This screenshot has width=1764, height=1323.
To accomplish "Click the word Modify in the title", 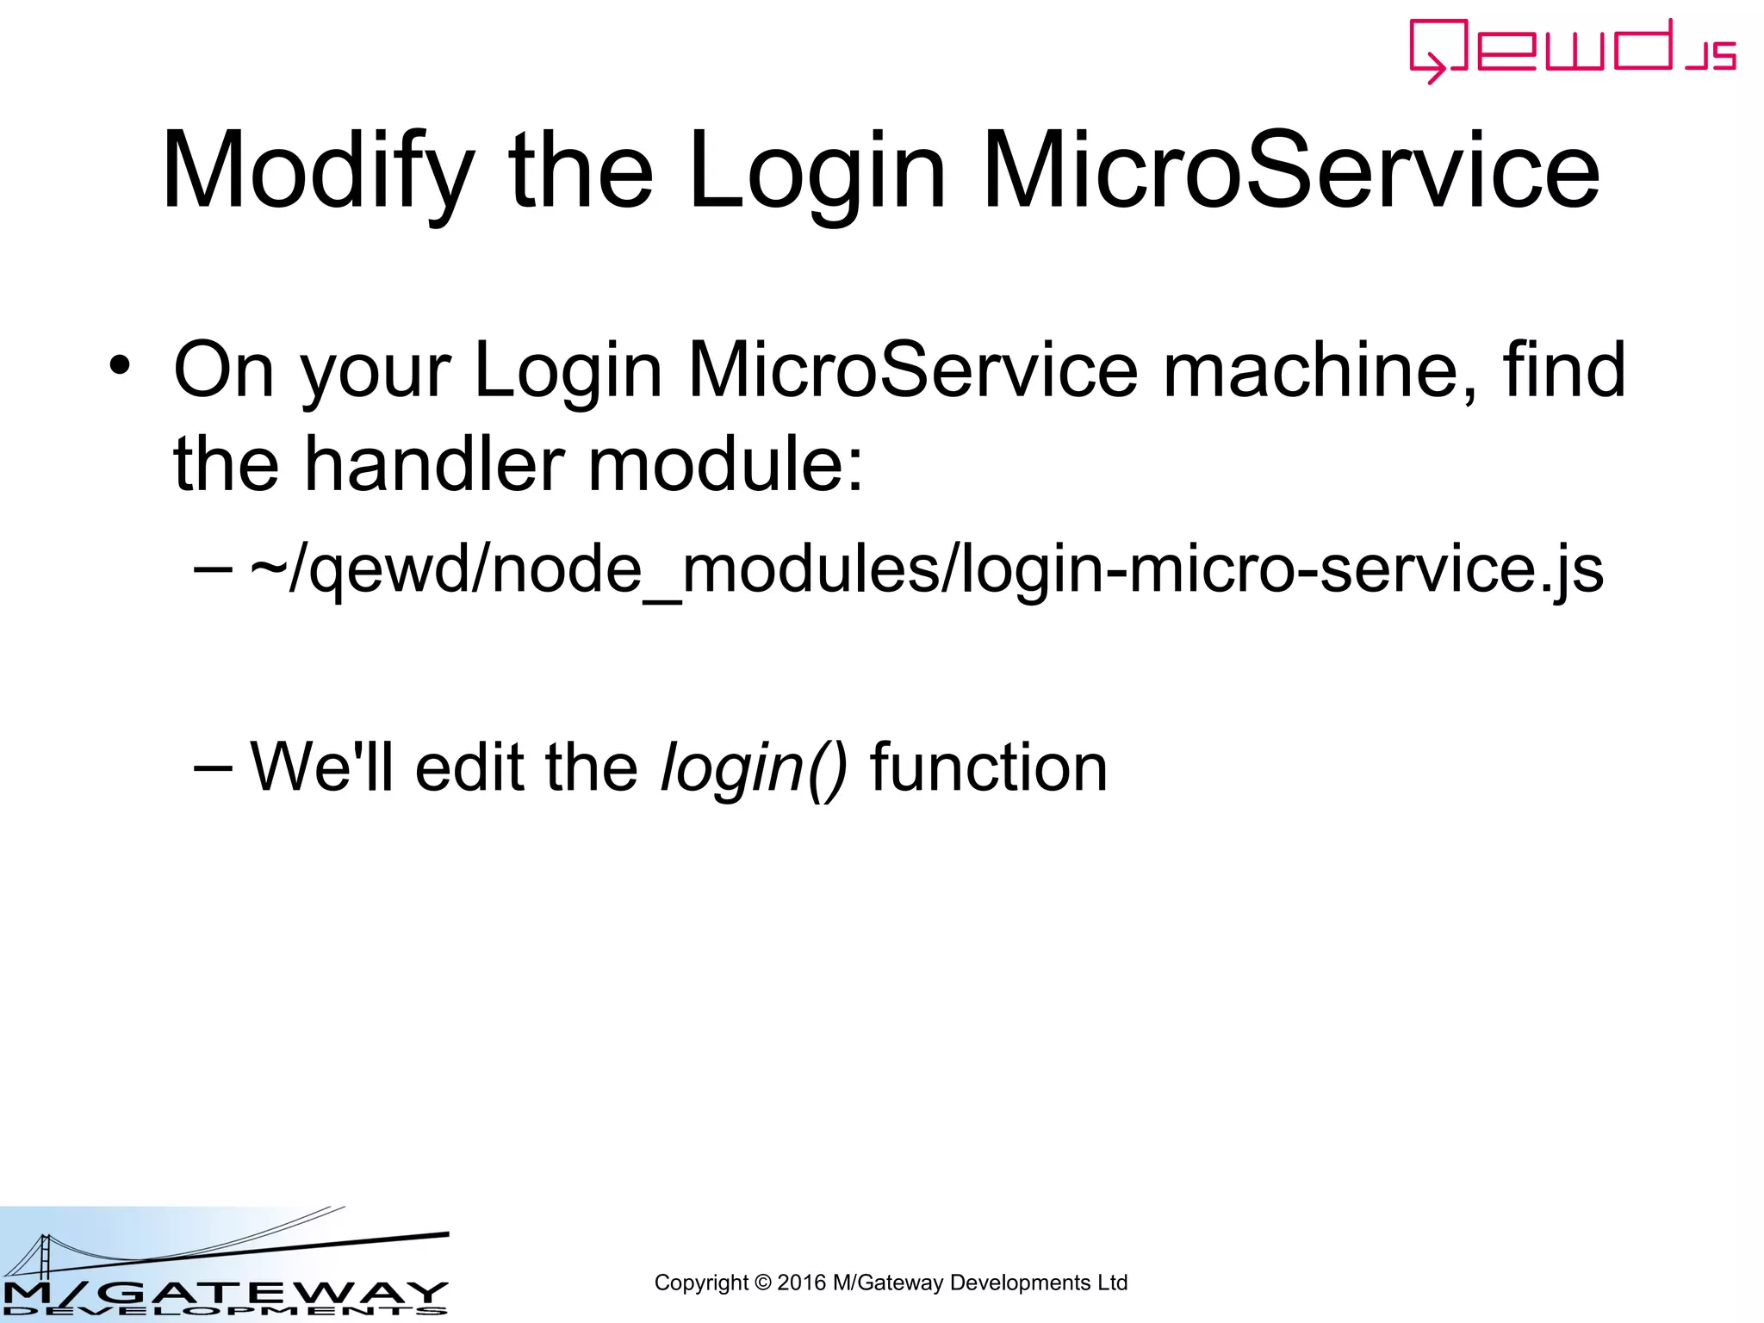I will [318, 171].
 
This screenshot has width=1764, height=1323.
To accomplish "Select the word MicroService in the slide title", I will [1290, 171].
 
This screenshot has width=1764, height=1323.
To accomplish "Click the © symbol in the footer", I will [762, 1283].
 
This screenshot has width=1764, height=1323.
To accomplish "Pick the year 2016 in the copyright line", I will [801, 1283].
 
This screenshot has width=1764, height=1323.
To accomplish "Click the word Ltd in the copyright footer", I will [1112, 1283].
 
